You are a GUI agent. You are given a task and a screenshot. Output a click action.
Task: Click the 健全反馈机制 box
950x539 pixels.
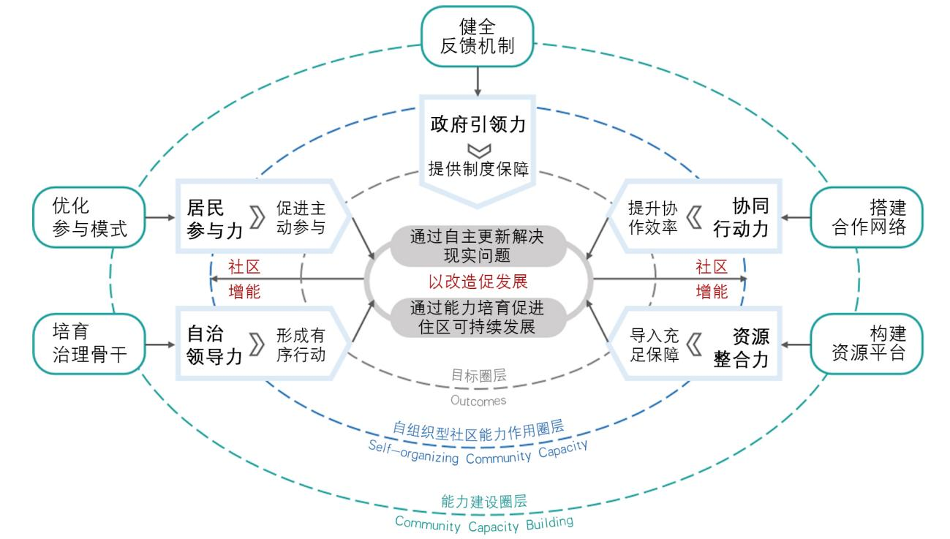(x=477, y=37)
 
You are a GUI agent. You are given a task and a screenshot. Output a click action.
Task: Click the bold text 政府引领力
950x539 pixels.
(x=477, y=124)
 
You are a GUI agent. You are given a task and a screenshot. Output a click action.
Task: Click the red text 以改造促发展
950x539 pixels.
(x=478, y=282)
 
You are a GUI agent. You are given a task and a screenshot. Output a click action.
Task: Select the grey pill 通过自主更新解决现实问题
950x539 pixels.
(x=477, y=246)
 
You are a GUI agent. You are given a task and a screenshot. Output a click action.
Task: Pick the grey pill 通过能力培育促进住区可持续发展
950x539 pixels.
(x=477, y=317)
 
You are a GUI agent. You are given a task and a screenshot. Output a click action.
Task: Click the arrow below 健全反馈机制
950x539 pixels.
(x=477, y=80)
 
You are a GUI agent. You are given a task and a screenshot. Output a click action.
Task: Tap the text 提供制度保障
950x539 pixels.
(x=478, y=170)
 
